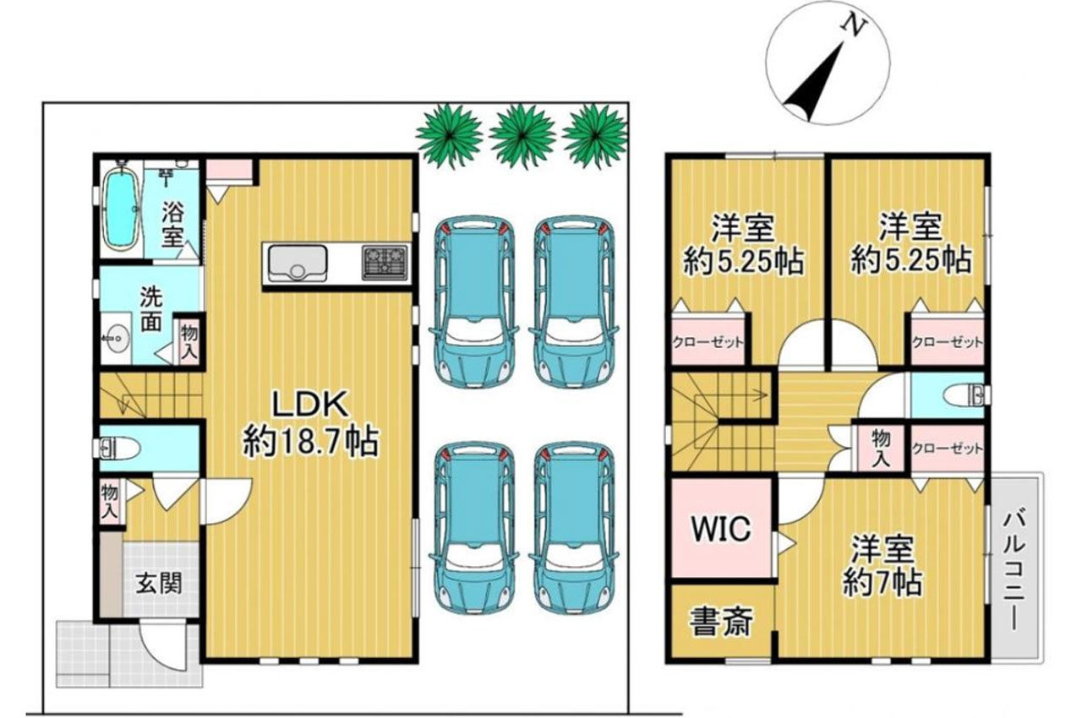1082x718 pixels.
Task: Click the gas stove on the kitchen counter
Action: point(385,263)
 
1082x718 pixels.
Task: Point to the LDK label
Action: point(309,405)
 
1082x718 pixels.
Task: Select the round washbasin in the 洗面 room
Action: point(116,335)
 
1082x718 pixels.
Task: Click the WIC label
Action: point(721,529)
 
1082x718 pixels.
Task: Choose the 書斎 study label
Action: point(721,622)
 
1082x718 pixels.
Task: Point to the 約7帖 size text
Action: point(883,584)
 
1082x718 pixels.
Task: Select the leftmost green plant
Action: point(449,136)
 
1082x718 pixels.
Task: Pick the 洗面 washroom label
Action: point(151,310)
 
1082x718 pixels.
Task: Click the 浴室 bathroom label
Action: point(172,225)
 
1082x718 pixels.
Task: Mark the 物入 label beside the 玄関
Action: point(110,502)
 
